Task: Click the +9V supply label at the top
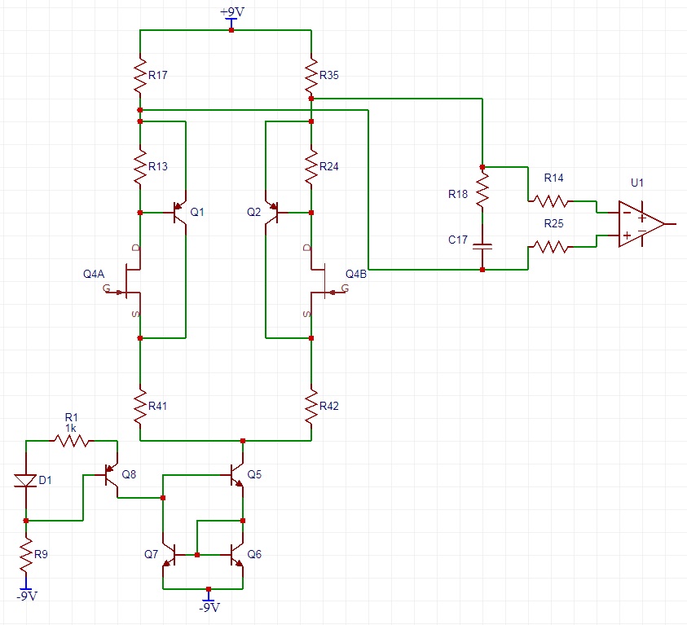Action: (231, 13)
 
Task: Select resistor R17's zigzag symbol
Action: (140, 75)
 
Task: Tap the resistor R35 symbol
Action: (311, 75)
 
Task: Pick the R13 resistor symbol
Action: (140, 167)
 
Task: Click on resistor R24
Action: (311, 167)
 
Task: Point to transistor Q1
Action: (178, 213)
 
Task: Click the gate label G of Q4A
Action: (106, 288)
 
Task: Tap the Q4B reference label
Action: (356, 274)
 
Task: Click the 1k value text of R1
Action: (71, 428)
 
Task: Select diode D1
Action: (27, 481)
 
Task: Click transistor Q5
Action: (236, 474)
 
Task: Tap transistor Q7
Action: (169, 555)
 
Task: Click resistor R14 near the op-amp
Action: (552, 200)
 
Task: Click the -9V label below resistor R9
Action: (27, 596)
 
